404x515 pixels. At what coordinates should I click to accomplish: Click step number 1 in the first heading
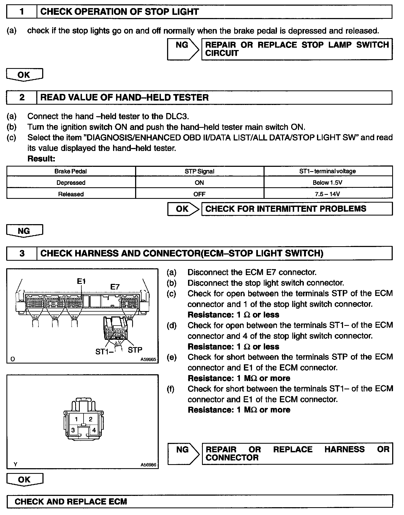point(22,12)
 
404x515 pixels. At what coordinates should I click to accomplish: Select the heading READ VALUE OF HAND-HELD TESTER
point(124,97)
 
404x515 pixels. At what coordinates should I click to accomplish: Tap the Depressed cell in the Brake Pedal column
point(71,183)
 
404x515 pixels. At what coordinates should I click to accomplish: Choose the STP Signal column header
point(199,171)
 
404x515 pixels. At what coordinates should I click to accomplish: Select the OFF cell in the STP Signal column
point(199,194)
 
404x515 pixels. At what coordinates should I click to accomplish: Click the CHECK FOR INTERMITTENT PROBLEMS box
point(297,209)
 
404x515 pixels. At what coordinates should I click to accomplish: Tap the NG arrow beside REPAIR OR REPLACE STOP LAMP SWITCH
point(183,49)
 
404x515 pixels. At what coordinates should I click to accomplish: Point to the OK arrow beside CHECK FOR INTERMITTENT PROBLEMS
point(183,209)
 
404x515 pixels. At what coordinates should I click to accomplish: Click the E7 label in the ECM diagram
point(115,287)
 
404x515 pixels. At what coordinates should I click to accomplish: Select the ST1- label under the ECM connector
point(104,351)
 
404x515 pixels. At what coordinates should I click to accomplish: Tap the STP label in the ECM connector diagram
point(135,350)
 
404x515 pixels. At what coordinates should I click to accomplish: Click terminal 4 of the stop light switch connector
point(94,430)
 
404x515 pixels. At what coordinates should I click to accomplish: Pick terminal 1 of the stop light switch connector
point(77,419)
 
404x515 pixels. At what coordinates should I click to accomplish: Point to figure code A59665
point(148,359)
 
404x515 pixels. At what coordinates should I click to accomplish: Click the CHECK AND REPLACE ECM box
point(199,502)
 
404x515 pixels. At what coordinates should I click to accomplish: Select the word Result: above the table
point(41,159)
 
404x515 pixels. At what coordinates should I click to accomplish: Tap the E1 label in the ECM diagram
point(81,281)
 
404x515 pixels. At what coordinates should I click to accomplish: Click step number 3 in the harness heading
point(22,253)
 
